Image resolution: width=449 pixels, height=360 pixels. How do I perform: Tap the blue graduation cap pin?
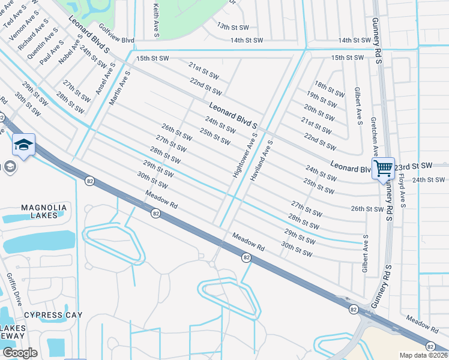pos(23,145)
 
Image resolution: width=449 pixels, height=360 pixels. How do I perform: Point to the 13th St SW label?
pos(233,27)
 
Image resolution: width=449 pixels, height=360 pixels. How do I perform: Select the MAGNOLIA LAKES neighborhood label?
pos(44,211)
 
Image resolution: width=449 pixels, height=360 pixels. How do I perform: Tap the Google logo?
pos(20,353)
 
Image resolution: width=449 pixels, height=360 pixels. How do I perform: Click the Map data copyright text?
pos(423,355)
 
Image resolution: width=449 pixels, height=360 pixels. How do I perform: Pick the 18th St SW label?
pos(330,89)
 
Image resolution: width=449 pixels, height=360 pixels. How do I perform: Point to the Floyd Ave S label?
pos(402,190)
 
